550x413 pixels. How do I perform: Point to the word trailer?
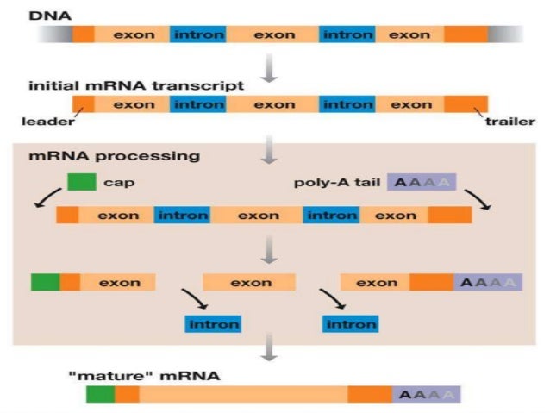click(509, 122)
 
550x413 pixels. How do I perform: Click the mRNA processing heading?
click(115, 156)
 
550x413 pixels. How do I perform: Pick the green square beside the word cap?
click(81, 183)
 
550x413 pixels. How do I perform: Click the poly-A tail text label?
click(337, 183)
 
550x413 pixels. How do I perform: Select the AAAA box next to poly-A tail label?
click(422, 183)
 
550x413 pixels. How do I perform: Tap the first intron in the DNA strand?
click(199, 35)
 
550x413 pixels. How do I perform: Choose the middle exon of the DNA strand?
click(273, 35)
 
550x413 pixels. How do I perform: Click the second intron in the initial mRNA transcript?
click(347, 104)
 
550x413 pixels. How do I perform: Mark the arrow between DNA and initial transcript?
click(271, 68)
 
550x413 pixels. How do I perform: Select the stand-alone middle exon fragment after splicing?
click(250, 282)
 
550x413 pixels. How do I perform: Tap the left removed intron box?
click(213, 324)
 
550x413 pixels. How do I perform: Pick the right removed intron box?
click(350, 324)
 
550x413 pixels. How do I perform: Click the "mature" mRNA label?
click(144, 376)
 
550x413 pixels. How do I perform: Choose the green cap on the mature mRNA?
click(100, 395)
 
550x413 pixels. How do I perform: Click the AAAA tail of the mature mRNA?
click(426, 395)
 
